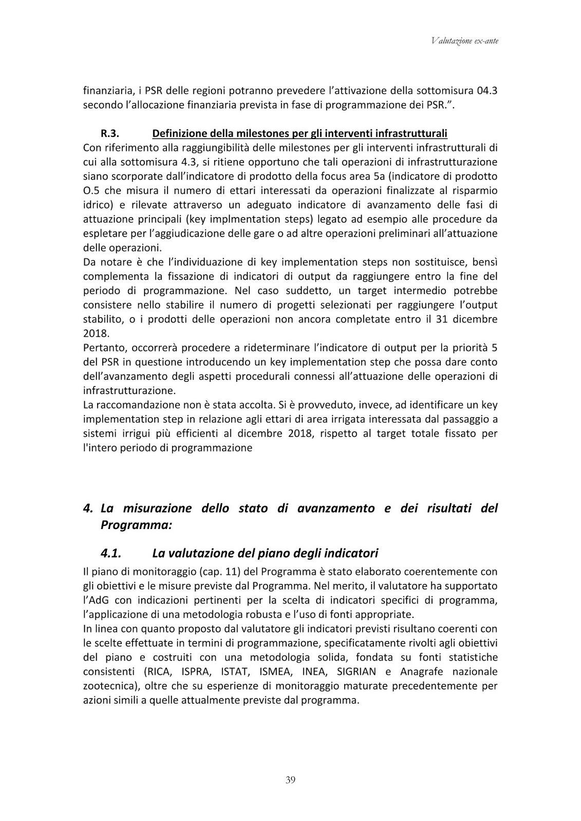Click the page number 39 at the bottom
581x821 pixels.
coord(290,780)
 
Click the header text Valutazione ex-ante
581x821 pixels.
coord(465,41)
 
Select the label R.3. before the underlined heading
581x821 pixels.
coord(110,133)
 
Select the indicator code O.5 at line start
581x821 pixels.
coord(91,190)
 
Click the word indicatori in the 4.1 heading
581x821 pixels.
coord(351,553)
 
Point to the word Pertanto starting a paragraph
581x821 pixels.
coord(102,347)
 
